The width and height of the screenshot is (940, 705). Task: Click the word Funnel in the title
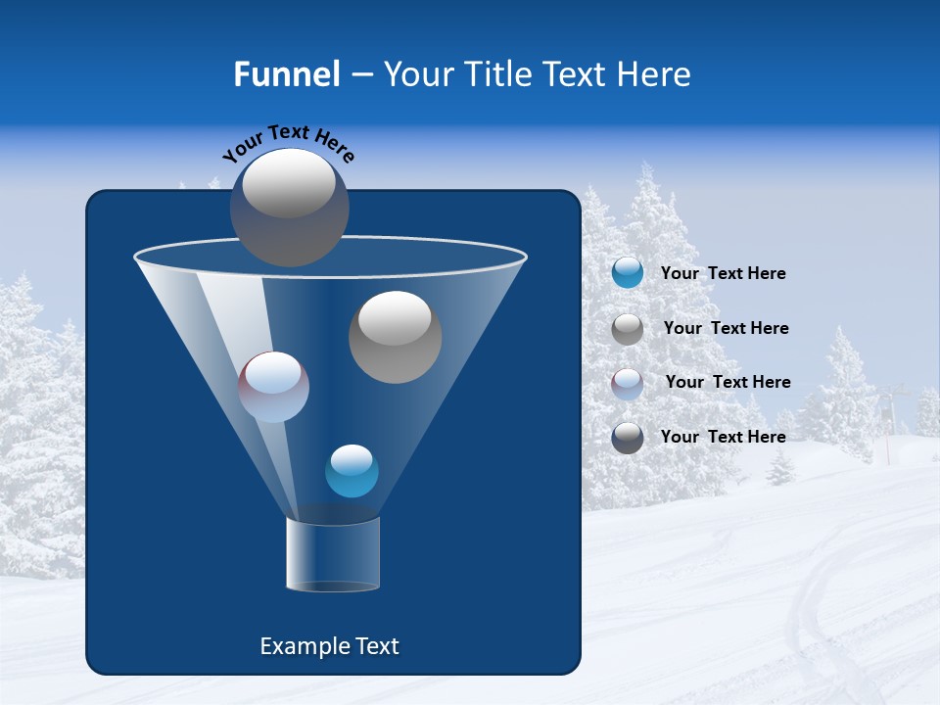pos(286,74)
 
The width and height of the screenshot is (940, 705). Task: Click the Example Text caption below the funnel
pos(329,646)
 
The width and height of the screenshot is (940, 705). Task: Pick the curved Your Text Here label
pos(289,142)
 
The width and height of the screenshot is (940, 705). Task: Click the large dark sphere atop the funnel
pos(290,207)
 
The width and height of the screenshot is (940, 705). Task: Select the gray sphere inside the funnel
pos(395,337)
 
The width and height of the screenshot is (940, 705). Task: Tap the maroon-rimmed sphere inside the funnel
pos(273,387)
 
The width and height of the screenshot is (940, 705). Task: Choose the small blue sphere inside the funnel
pos(352,471)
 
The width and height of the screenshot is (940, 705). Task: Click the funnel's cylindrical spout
pos(333,554)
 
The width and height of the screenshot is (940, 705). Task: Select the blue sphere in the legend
pos(628,273)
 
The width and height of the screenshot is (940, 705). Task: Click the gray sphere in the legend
pos(628,329)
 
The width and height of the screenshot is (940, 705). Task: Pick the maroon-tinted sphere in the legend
pos(628,383)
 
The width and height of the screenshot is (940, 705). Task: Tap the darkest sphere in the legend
pos(628,438)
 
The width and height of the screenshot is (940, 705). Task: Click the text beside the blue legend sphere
pos(723,274)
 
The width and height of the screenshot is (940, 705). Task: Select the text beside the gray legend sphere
pos(726,329)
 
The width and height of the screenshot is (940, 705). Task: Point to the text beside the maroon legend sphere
pos(728,383)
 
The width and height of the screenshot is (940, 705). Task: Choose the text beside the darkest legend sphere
pos(723,438)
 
